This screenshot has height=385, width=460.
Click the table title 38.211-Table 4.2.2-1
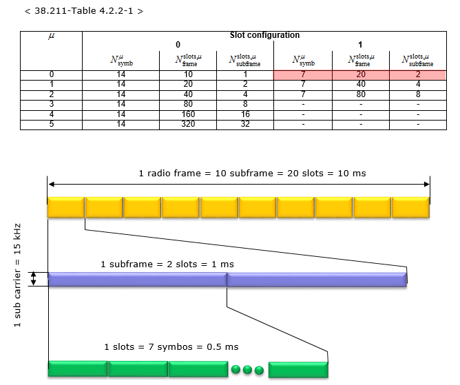(84, 11)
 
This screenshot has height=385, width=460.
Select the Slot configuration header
(264, 35)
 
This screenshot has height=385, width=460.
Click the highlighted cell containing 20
(361, 74)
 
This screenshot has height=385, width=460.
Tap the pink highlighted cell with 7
(303, 74)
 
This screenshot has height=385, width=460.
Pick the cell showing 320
(188, 124)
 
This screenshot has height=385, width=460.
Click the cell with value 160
(188, 114)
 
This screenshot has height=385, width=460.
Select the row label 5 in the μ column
(52, 124)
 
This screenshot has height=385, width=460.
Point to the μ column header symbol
(52, 36)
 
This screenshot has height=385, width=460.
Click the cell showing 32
(245, 124)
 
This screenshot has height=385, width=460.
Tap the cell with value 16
(245, 114)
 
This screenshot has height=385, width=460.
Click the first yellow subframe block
(66, 207)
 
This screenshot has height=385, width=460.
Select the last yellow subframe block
(410, 207)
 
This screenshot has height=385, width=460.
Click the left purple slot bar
(138, 280)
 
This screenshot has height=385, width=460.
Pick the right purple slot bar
(317, 280)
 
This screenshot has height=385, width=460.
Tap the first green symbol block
(78, 369)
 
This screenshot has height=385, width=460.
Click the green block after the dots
(298, 369)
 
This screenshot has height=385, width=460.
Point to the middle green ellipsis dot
(247, 369)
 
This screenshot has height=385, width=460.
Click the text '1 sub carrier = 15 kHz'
(17, 275)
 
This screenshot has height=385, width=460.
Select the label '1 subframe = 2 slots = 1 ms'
(167, 264)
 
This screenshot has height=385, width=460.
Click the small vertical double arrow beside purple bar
(34, 279)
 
